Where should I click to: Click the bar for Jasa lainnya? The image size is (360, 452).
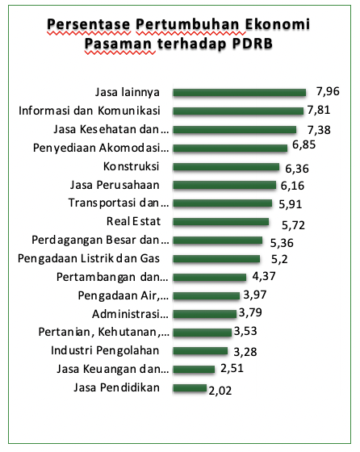[239, 93]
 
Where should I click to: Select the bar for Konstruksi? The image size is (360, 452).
[226, 167]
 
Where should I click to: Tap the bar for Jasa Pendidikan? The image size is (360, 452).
[190, 388]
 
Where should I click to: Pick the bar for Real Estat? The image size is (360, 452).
[221, 222]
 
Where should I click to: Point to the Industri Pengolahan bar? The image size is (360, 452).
[200, 351]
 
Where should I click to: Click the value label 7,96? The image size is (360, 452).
[328, 91]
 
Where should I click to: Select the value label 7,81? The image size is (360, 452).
[319, 110]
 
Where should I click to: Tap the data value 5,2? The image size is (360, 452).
[279, 259]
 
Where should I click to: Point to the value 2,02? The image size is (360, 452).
[220, 391]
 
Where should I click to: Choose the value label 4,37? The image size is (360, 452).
[264, 276]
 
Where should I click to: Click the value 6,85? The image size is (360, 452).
[303, 144]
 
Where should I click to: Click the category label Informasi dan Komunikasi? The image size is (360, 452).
[90, 111]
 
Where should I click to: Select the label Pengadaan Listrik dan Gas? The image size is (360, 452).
[89, 258]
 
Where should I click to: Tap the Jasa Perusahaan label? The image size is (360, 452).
[115, 185]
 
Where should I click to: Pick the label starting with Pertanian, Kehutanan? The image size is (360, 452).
[104, 332]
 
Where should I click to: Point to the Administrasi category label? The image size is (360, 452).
[130, 314]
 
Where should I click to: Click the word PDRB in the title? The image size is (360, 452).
[252, 44]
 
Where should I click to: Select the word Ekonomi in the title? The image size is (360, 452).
[278, 24]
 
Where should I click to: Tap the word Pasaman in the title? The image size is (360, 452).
[118, 44]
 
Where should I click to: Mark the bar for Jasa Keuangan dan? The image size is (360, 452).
[194, 370]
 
